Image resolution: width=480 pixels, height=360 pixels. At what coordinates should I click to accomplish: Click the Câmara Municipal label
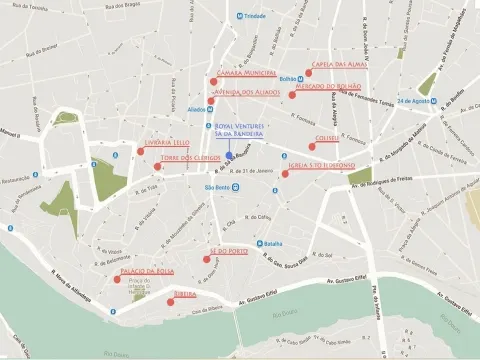coord(246,73)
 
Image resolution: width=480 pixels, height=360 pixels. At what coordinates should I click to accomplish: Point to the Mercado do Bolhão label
coord(327,87)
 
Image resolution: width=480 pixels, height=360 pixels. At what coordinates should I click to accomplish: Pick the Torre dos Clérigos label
coord(189,158)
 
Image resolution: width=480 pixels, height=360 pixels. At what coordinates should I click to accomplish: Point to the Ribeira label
coord(184,295)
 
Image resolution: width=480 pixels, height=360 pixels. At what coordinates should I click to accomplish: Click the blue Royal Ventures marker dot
coord(229,156)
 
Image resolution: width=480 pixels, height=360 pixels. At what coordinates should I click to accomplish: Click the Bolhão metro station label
coord(283,77)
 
